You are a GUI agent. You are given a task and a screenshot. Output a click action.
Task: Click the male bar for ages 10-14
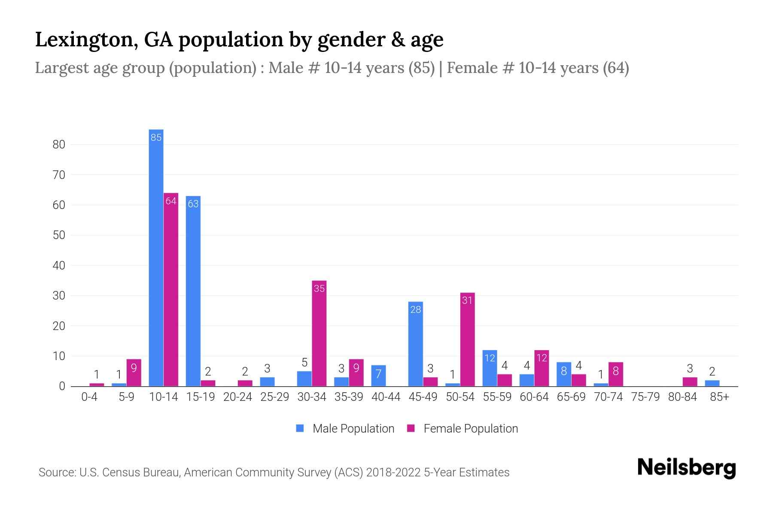pyautogui.click(x=156, y=257)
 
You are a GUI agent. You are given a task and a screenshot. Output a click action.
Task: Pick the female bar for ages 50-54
pyautogui.click(x=467, y=339)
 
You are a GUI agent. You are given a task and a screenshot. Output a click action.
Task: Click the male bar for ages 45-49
pyautogui.click(x=415, y=344)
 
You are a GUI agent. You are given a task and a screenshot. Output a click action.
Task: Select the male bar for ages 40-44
pyautogui.click(x=378, y=376)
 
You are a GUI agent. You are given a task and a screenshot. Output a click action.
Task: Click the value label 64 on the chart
pyautogui.click(x=171, y=201)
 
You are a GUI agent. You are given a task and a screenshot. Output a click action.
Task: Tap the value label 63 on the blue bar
pyautogui.click(x=193, y=204)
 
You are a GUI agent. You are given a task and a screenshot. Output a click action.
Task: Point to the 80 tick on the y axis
pyautogui.click(x=59, y=145)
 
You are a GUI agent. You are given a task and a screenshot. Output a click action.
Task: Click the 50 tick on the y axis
pyautogui.click(x=59, y=235)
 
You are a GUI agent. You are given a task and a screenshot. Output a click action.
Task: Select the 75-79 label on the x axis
pyautogui.click(x=645, y=397)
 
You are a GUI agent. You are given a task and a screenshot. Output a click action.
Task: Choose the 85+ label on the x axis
pyautogui.click(x=719, y=397)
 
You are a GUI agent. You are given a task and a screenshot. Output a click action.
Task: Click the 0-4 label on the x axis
pyautogui.click(x=89, y=397)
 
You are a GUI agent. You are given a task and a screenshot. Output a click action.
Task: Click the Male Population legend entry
pyautogui.click(x=353, y=428)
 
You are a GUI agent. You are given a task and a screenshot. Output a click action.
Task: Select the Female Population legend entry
pyautogui.click(x=470, y=428)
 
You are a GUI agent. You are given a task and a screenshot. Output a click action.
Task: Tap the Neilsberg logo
pyautogui.click(x=686, y=467)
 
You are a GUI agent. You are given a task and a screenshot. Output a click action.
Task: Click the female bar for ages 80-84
pyautogui.click(x=690, y=382)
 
